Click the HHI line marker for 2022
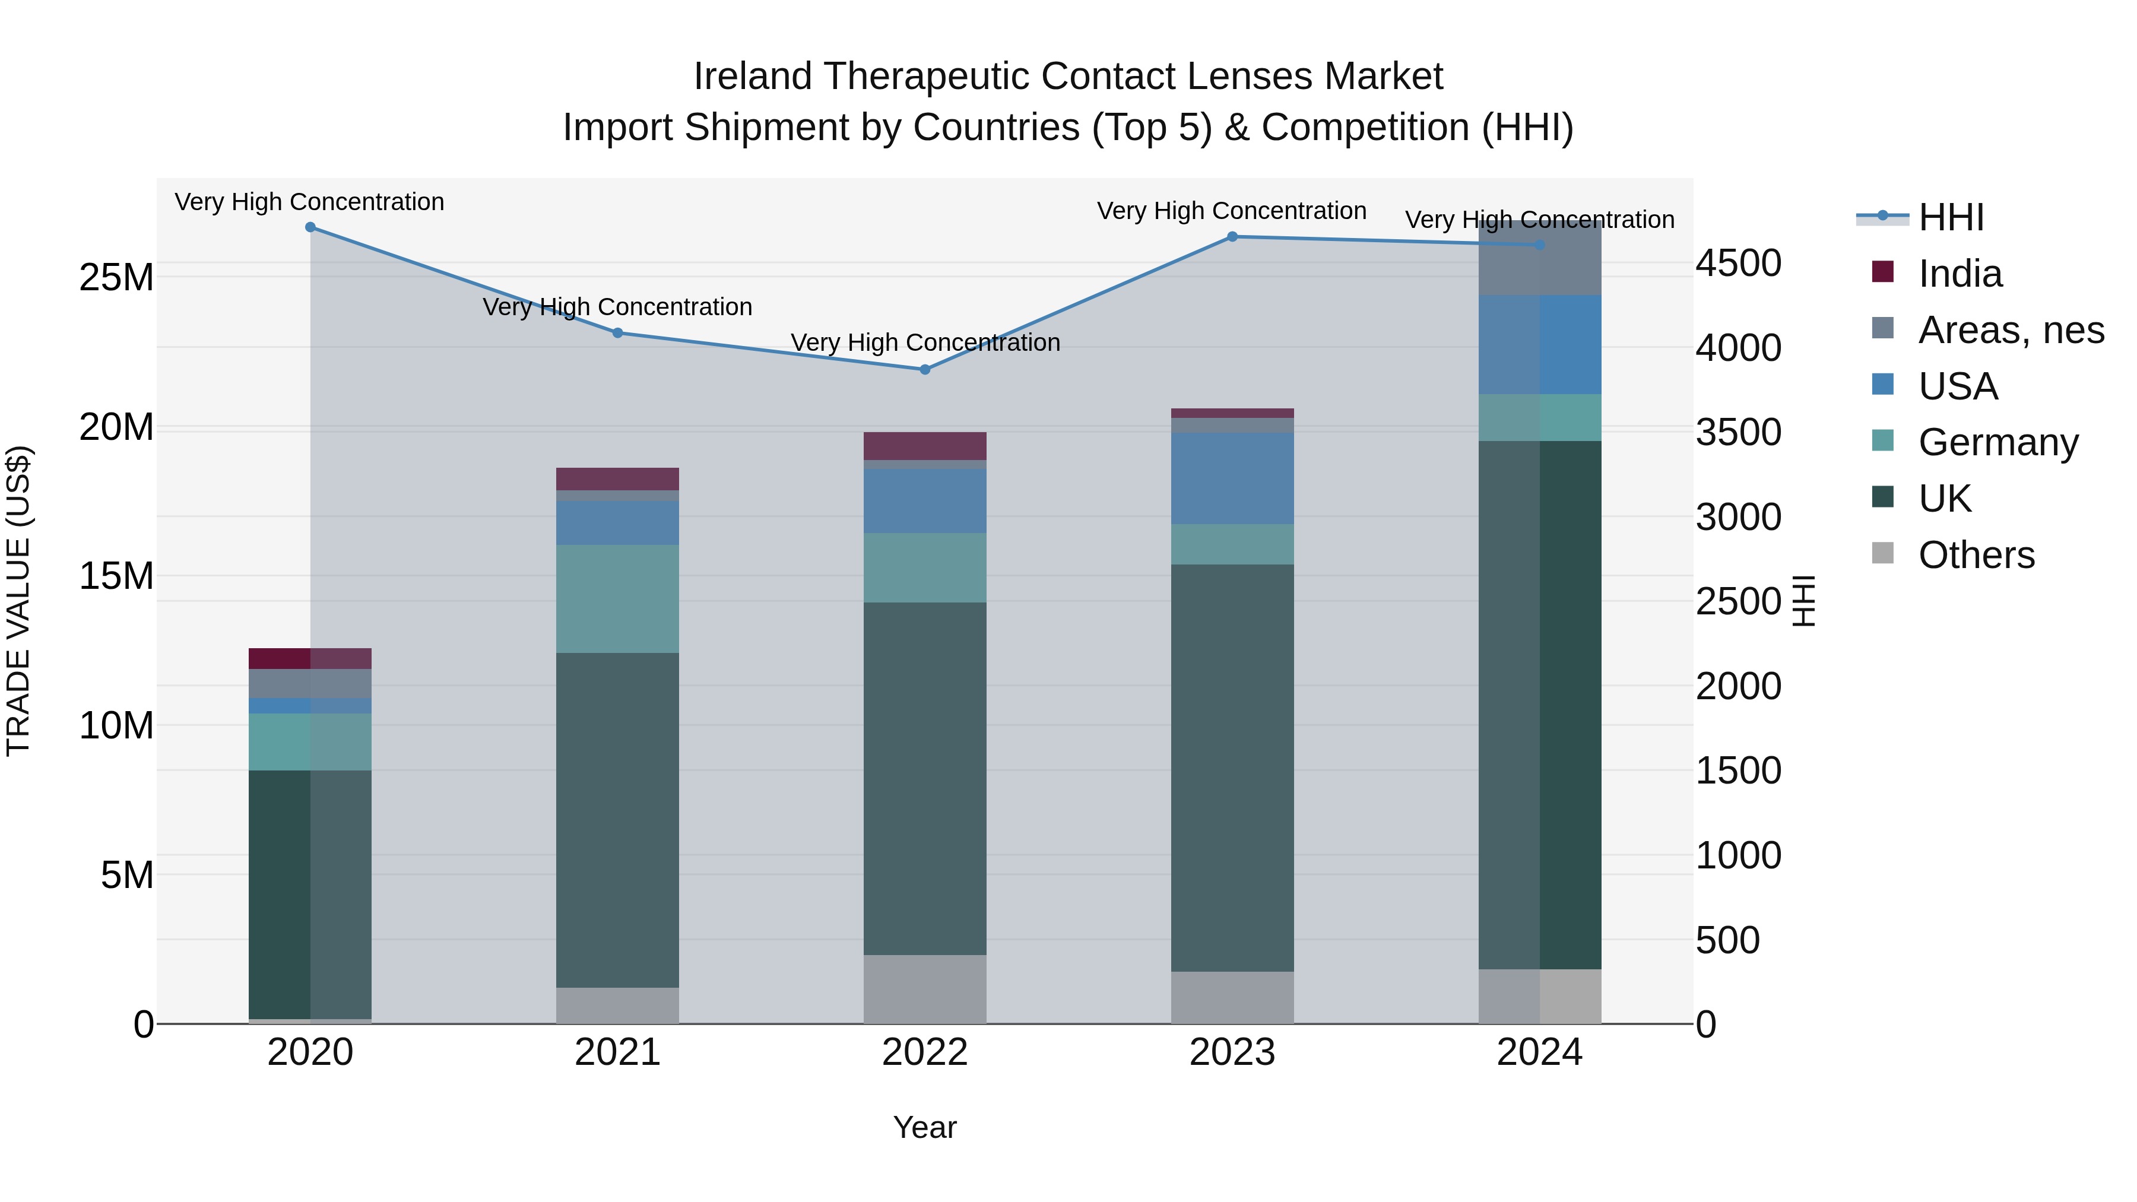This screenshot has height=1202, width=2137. click(x=925, y=369)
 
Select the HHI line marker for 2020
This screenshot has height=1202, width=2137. click(x=310, y=227)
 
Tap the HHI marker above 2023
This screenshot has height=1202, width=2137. click(x=1232, y=236)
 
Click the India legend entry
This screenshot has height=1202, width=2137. click(x=1960, y=274)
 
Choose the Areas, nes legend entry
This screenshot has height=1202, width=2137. click(x=2010, y=330)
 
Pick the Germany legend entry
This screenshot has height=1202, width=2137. click(x=1998, y=442)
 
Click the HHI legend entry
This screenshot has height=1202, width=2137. click(x=1951, y=217)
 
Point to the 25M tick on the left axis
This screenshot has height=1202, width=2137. click(x=116, y=277)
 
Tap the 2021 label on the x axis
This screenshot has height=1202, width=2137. click(x=617, y=1052)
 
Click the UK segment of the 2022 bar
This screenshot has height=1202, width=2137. click(x=925, y=778)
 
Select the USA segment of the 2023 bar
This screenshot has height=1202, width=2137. click(x=1232, y=478)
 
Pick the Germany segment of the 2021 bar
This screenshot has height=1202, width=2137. click(x=617, y=598)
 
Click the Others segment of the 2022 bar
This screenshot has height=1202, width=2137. click(x=925, y=989)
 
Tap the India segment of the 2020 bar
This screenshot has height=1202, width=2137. click(x=310, y=658)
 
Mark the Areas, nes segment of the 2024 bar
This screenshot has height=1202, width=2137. click(x=1540, y=259)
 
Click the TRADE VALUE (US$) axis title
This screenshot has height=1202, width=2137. click(x=18, y=601)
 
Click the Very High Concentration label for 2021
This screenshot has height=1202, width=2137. click(x=617, y=307)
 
